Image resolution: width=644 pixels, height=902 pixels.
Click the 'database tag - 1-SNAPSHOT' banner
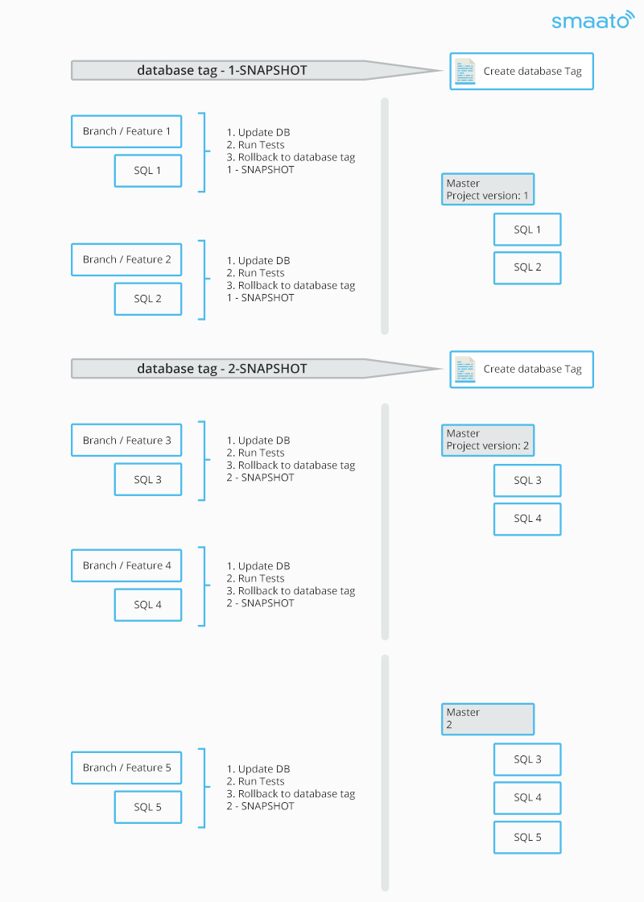[x=256, y=70]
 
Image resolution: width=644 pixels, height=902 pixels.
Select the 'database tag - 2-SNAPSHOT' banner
[x=256, y=369]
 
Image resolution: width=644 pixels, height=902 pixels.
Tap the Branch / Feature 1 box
[x=126, y=131]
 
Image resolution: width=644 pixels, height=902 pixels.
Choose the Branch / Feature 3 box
[x=126, y=440]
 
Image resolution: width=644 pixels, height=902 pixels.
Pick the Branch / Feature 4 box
[x=126, y=565]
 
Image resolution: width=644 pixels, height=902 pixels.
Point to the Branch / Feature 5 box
[x=126, y=768]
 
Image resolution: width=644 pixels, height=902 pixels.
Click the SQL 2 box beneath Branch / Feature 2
[x=148, y=299]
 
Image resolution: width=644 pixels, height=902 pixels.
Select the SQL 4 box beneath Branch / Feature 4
[x=148, y=605]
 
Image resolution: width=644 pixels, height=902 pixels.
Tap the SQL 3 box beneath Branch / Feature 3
[x=148, y=479]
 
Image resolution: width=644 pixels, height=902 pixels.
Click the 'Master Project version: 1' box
[x=488, y=189]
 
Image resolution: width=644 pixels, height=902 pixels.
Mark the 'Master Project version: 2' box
[x=488, y=440]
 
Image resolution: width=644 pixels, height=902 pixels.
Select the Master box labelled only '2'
[x=488, y=719]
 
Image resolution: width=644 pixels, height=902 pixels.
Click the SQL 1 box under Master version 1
[x=527, y=230]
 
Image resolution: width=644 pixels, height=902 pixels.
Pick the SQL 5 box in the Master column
[x=527, y=837]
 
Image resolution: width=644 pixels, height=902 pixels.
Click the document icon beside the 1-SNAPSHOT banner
[x=465, y=72]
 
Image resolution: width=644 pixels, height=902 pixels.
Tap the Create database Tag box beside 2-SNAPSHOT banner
[x=522, y=369]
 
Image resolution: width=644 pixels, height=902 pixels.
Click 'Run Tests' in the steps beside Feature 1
[x=261, y=145]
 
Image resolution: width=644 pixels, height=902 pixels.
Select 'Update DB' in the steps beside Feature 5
[x=264, y=769]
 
